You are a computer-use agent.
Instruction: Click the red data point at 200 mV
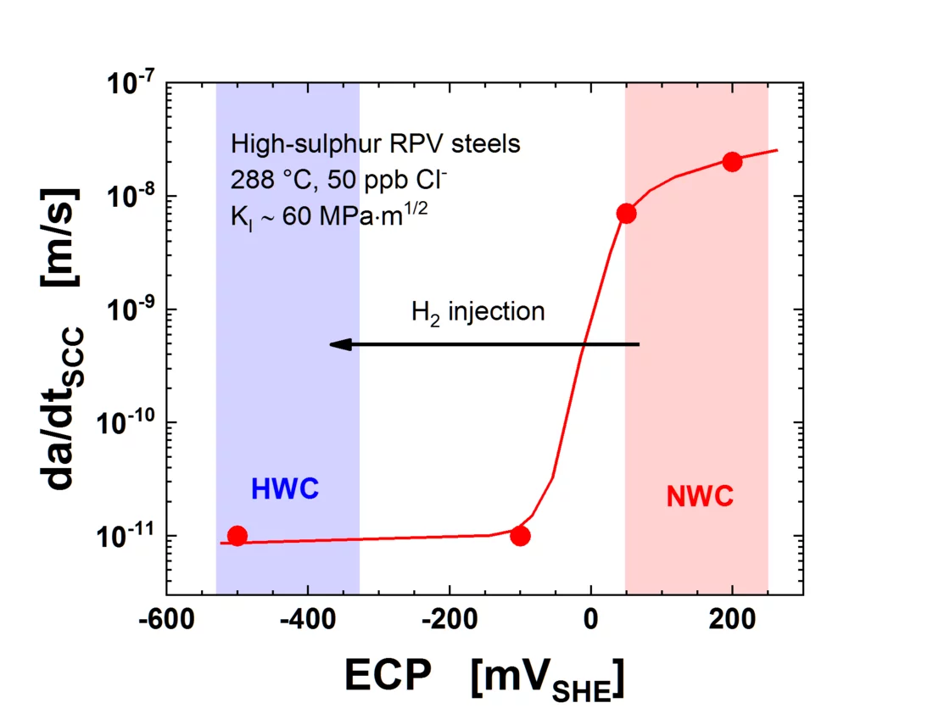coord(732,162)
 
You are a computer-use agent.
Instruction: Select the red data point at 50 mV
coord(626,213)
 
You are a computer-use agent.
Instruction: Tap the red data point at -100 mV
coord(520,536)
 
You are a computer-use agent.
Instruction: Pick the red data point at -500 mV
coord(237,536)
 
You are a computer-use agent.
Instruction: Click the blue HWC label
coord(284,489)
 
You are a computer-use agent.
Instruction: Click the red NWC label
coord(700,497)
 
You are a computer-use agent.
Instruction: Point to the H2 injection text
coord(478,312)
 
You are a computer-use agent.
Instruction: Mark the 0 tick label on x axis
coord(591,619)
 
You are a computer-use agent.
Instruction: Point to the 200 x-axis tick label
coord(732,619)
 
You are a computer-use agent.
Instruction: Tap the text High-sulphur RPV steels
coord(375,144)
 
